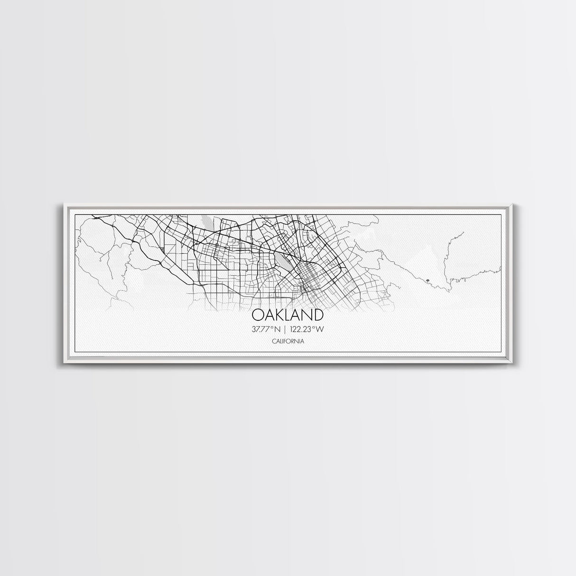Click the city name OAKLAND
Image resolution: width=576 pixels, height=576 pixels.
click(288, 315)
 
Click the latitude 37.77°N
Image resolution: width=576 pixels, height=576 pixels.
click(267, 329)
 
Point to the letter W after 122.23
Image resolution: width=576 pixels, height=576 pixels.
click(325, 329)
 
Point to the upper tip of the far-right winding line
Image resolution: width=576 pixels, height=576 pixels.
click(463, 232)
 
